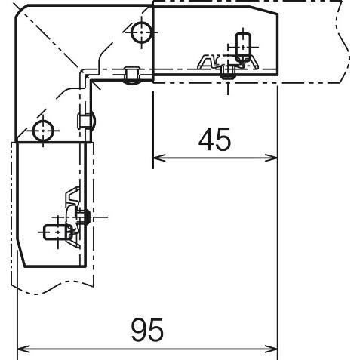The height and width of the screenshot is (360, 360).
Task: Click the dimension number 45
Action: (214, 139)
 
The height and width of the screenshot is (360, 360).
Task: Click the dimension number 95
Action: (147, 330)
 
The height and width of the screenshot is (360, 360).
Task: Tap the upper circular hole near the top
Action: (141, 32)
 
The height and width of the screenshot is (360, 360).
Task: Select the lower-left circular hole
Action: (43, 131)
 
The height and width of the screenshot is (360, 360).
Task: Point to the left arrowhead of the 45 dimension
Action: (159, 158)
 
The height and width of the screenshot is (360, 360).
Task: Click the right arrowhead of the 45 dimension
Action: (271, 158)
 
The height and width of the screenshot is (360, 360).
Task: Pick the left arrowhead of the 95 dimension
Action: (23, 349)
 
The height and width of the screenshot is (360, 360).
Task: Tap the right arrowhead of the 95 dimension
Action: (271, 349)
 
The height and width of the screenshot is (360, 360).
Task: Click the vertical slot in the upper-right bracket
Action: (243, 45)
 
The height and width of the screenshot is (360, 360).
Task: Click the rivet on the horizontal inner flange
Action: (132, 75)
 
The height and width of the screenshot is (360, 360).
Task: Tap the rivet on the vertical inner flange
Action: (86, 121)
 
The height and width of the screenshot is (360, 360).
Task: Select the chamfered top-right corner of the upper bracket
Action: (263, 10)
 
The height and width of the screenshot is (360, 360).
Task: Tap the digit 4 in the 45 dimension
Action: (206, 139)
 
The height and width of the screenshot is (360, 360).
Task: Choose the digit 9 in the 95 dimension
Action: (139, 330)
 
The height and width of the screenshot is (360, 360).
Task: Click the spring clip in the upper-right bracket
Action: (228, 62)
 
